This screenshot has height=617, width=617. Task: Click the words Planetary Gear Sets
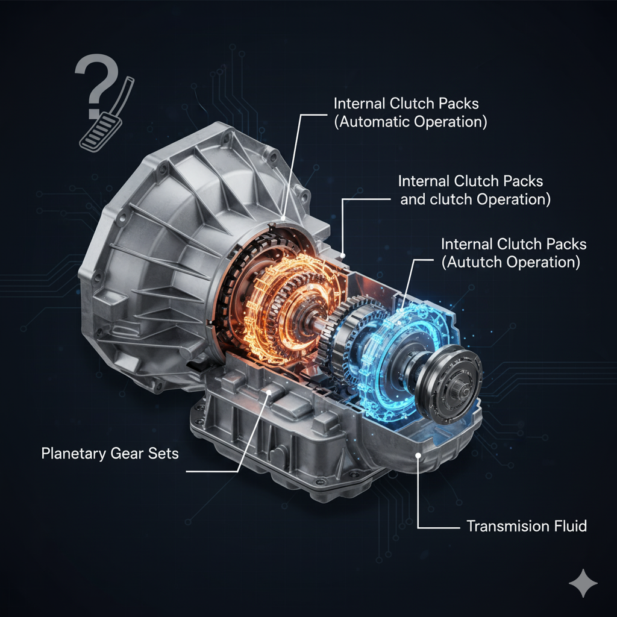110,453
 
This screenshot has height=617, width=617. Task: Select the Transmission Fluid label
526,526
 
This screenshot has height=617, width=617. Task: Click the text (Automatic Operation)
410,122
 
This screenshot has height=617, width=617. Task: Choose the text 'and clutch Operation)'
475,200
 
